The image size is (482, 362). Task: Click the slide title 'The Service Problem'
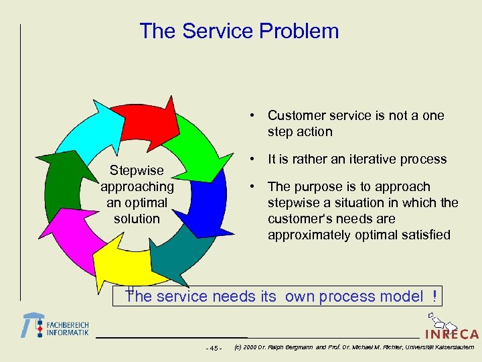pos(239,32)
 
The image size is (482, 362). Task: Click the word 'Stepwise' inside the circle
pos(137,171)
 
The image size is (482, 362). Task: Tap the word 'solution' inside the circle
pos(137,219)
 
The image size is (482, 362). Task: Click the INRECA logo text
pos(451,333)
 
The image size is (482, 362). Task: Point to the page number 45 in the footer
pos(214,348)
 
